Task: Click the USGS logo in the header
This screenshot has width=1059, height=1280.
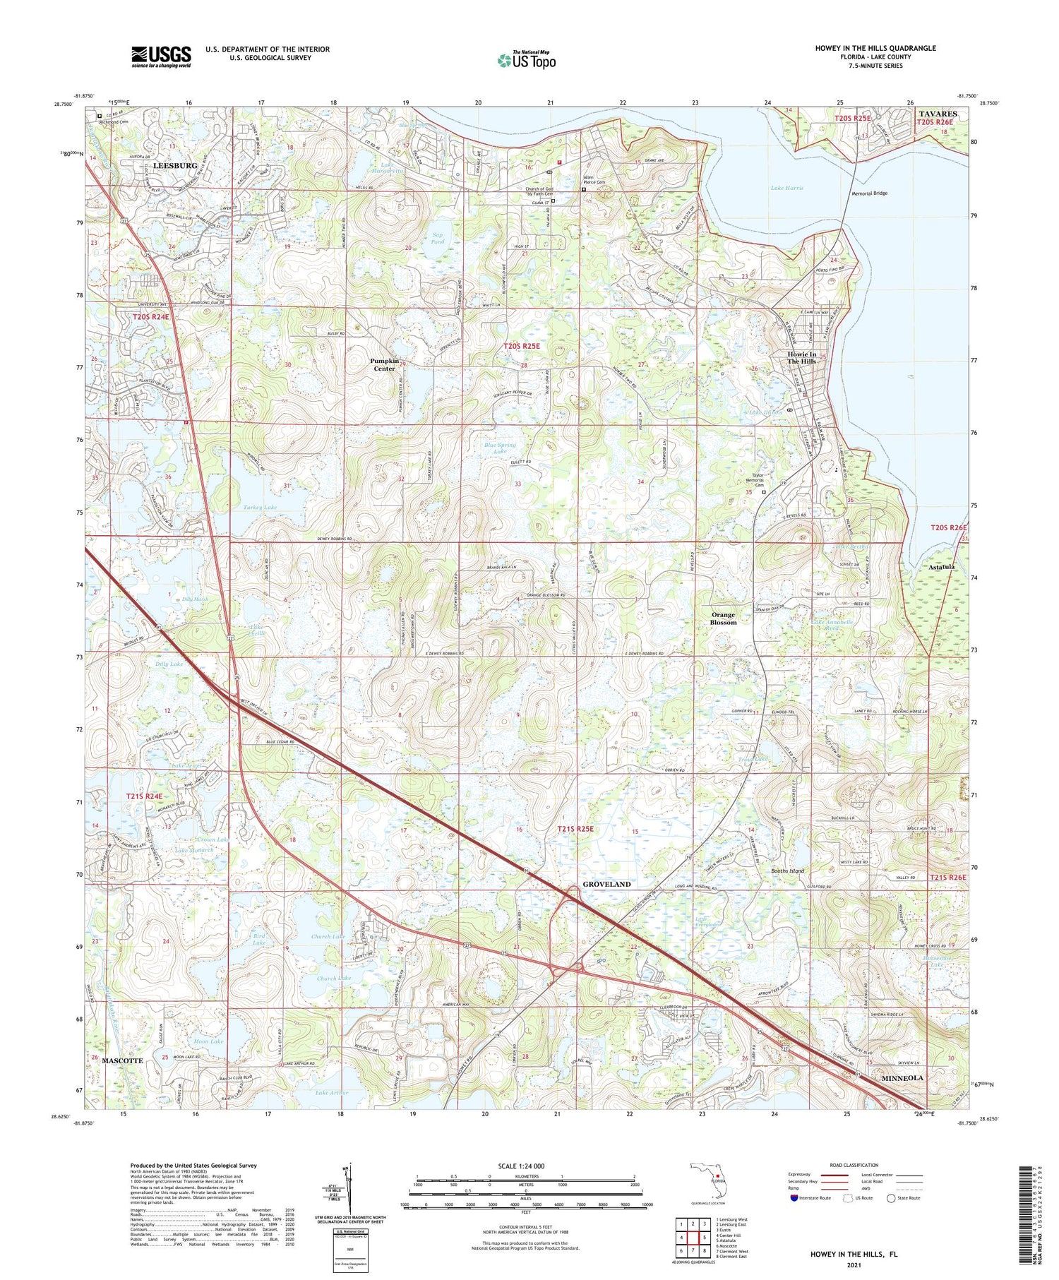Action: [x=161, y=56]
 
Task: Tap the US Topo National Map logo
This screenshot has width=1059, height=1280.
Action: [x=527, y=60]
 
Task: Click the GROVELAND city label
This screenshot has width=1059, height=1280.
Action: [x=606, y=884]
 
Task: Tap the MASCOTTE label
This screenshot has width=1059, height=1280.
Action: [x=122, y=1060]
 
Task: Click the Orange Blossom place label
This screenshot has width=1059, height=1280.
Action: [x=723, y=618]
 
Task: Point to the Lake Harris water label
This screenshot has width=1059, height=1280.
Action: [x=786, y=188]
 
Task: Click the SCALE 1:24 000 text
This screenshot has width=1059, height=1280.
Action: [x=526, y=1166]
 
